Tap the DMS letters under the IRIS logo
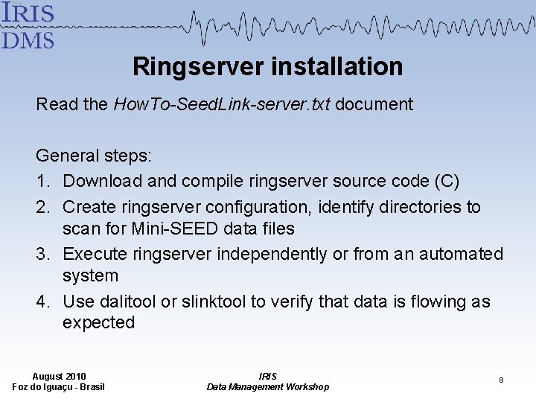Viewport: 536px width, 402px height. click(x=28, y=39)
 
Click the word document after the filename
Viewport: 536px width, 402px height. click(x=374, y=104)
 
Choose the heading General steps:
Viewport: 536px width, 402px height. click(x=94, y=156)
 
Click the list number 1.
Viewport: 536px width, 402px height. click(x=43, y=181)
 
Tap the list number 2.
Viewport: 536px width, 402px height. click(x=43, y=207)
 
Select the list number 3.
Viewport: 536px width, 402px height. click(x=43, y=254)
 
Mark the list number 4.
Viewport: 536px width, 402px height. click(x=43, y=301)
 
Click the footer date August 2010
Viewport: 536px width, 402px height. click(x=59, y=376)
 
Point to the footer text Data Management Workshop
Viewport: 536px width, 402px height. click(x=267, y=386)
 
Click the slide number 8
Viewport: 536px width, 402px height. click(x=501, y=380)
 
